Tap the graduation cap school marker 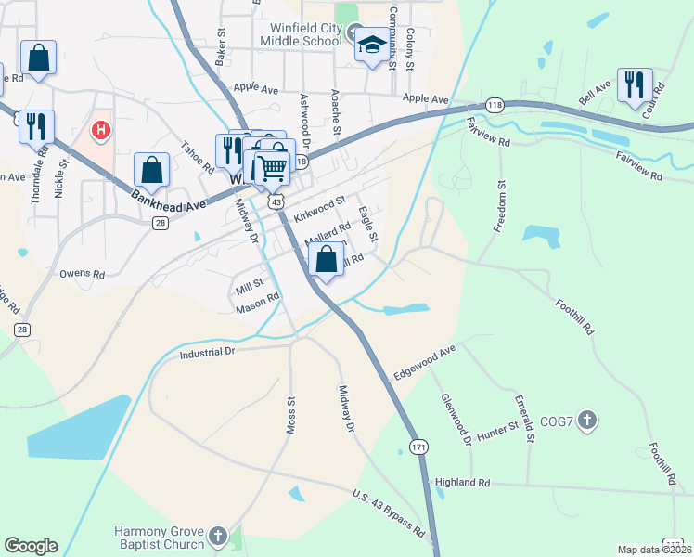click(372, 45)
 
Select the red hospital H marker click(101, 133)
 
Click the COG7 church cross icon click(586, 422)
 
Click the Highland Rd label click(462, 483)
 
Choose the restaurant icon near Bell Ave click(635, 84)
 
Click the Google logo click(31, 546)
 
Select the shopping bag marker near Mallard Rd click(326, 259)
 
